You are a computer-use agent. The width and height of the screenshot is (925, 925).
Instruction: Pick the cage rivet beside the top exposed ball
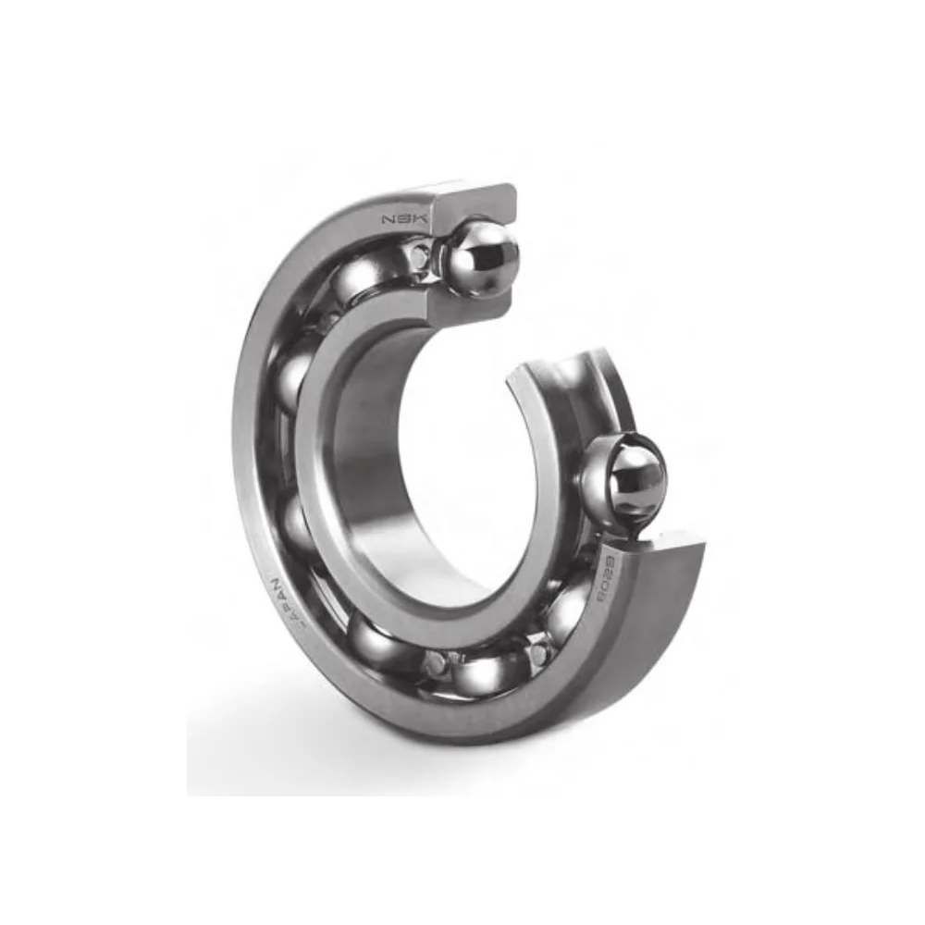(423, 255)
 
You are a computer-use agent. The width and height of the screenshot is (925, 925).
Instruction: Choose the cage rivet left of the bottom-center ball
(433, 662)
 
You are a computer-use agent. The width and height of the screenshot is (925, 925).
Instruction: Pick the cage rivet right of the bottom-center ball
(538, 653)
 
